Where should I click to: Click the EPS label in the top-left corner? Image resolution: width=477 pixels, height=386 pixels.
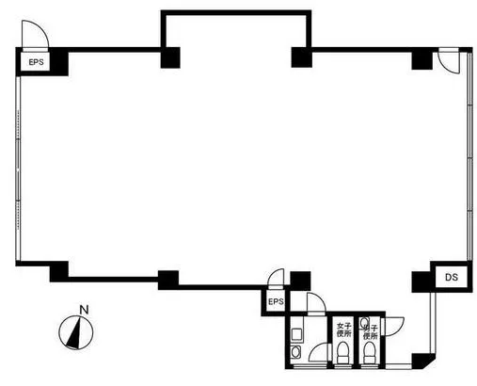tap(36, 62)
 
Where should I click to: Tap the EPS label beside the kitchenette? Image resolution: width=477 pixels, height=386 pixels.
tap(276, 301)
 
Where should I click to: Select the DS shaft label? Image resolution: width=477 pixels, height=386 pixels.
tap(452, 277)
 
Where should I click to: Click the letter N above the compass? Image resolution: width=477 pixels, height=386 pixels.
tap(84, 310)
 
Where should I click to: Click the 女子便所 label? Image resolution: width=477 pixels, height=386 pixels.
tap(343, 330)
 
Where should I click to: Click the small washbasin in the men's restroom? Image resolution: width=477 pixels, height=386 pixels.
tap(364, 322)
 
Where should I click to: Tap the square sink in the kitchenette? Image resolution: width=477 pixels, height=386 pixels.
tap(296, 333)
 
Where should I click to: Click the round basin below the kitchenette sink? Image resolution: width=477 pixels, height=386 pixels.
tap(295, 352)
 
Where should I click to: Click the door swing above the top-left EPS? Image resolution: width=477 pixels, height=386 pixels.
tap(35, 35)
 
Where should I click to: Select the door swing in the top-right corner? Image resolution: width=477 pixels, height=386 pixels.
tap(449, 61)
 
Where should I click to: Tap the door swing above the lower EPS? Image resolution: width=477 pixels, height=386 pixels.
tap(276, 278)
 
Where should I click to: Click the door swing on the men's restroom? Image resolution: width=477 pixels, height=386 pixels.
tap(394, 327)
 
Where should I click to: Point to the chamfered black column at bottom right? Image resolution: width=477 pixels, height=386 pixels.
tap(422, 361)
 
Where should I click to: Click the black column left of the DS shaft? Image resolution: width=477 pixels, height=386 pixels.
tap(422, 281)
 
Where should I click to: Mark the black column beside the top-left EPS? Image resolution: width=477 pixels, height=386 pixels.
tap(59, 62)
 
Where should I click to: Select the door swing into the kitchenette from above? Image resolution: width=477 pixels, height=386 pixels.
tap(316, 303)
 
